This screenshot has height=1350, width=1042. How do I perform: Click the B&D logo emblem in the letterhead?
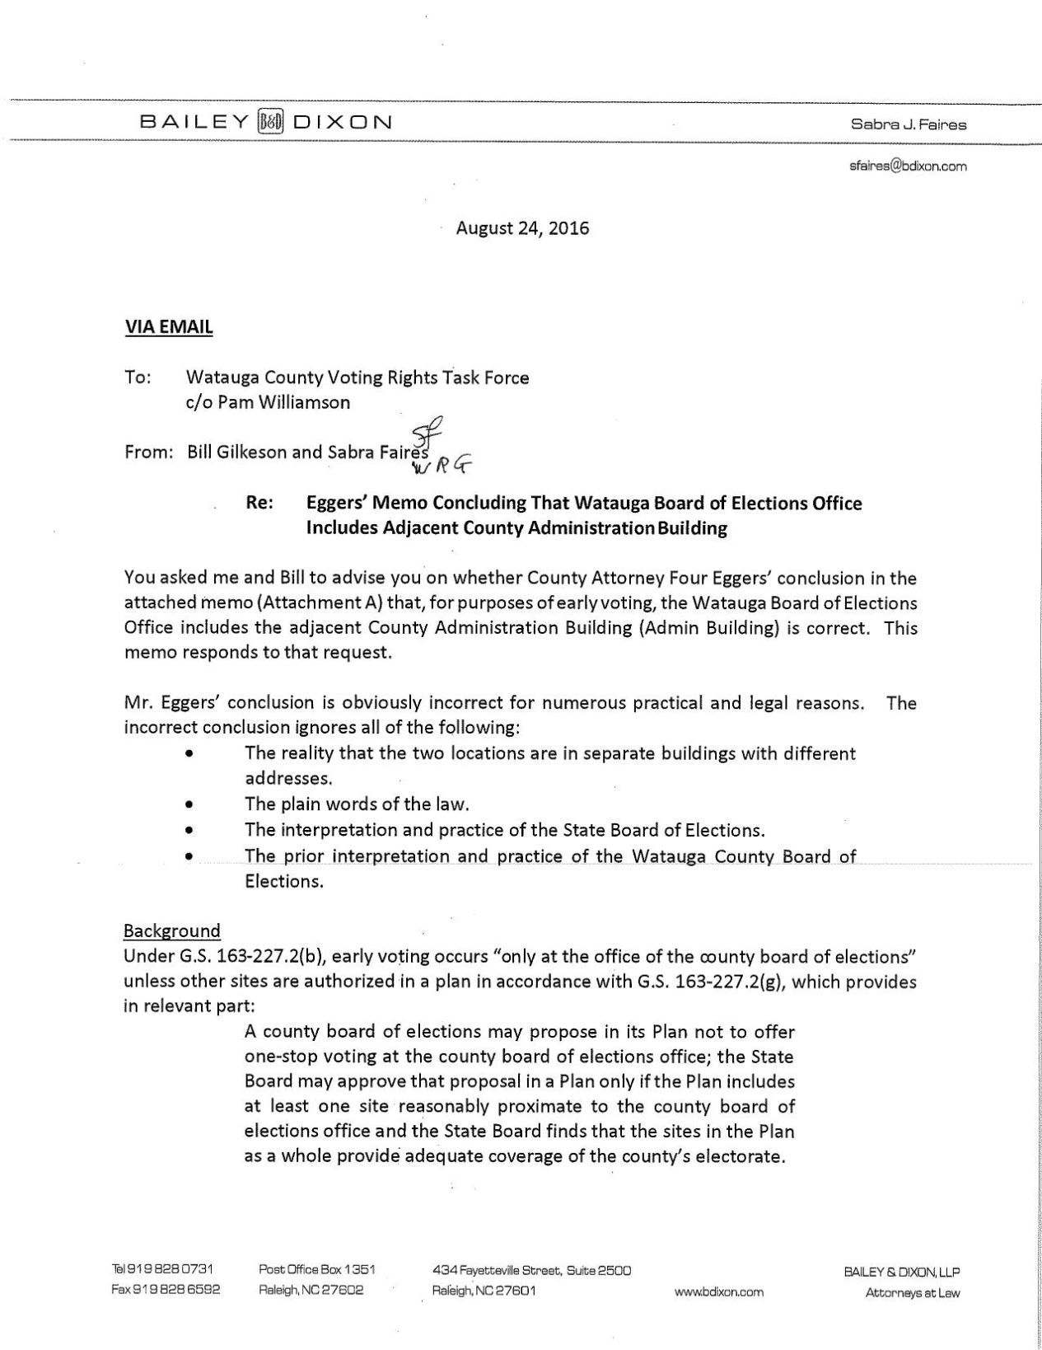[x=271, y=123]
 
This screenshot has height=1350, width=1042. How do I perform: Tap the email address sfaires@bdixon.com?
[x=908, y=166]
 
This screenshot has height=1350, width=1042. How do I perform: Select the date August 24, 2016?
[x=523, y=228]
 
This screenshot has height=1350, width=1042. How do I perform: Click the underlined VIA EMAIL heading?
[x=168, y=327]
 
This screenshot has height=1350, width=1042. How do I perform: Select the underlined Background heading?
[x=172, y=930]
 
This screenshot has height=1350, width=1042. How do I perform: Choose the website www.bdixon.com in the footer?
[x=718, y=1291]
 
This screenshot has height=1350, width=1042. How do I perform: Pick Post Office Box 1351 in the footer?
[x=317, y=1270]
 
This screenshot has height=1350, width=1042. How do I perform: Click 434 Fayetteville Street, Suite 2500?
[x=531, y=1270]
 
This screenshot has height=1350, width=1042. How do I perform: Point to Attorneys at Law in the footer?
[x=913, y=1292]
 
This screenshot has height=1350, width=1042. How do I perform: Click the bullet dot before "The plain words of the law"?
[x=190, y=804]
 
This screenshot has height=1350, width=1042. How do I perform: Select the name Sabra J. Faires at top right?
[x=909, y=125]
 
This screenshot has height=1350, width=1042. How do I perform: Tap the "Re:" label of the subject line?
[x=260, y=503]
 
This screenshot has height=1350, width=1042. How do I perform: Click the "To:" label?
[x=138, y=377]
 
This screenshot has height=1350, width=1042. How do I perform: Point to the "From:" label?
[x=148, y=452]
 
